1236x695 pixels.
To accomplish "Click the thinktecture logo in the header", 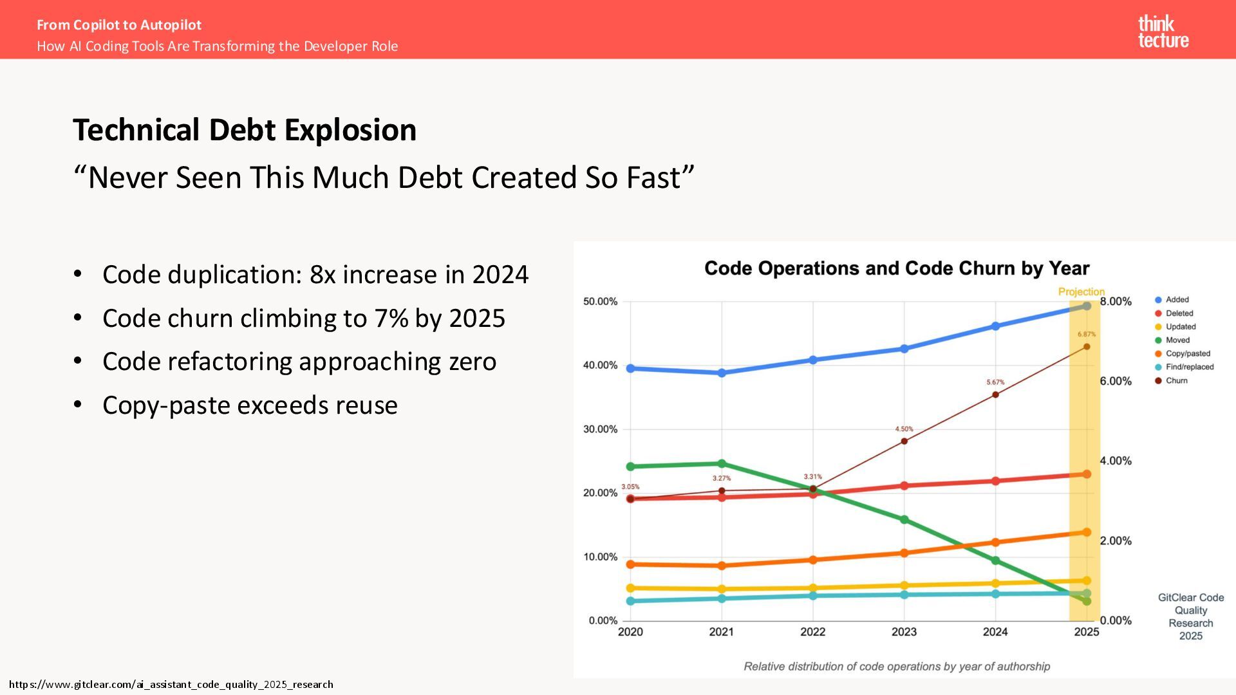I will [x=1163, y=32].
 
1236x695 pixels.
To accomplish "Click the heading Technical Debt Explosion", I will [x=245, y=130].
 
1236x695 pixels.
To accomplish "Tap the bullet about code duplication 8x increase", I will [x=315, y=275].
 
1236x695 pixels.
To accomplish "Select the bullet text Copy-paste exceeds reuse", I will [x=250, y=405].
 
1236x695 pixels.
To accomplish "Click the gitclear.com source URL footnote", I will [x=171, y=684].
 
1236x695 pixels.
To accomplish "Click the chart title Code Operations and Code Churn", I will [x=897, y=268].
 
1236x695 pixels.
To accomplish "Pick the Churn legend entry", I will [x=1176, y=380].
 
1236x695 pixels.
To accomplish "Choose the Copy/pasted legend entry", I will [x=1188, y=353].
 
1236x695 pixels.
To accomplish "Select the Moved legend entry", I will [x=1177, y=340].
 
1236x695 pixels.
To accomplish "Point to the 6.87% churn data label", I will [x=1087, y=334].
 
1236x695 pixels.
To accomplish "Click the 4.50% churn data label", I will [x=904, y=429].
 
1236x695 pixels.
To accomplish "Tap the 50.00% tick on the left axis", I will [x=600, y=301].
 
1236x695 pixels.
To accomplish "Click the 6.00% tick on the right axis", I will [x=1116, y=381].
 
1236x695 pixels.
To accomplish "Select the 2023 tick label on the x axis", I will [x=904, y=632].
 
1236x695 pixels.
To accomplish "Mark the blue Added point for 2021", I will [x=722, y=373].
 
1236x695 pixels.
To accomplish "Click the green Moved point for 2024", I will [x=995, y=561].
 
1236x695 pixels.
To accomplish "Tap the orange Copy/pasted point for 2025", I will [x=1087, y=532].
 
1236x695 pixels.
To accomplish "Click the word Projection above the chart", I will [x=1081, y=292].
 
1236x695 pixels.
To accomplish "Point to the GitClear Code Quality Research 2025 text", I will [x=1190, y=616].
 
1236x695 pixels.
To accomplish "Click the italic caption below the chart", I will [x=897, y=667].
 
